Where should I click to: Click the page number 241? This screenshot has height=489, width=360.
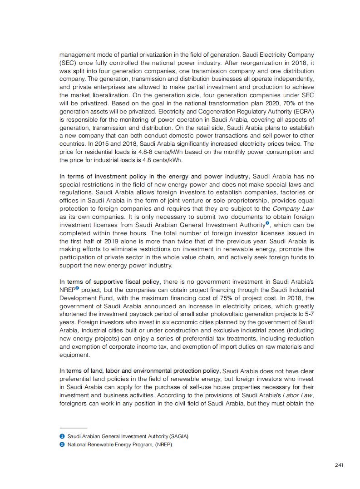(x=339, y=464)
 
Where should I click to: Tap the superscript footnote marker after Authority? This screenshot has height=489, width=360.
(x=268, y=223)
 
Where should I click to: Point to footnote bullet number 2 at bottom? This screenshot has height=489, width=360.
(x=62, y=445)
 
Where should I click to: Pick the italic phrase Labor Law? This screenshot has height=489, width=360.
(x=298, y=395)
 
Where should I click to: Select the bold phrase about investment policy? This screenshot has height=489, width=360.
(x=154, y=176)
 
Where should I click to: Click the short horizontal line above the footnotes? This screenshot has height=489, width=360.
(x=73, y=428)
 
